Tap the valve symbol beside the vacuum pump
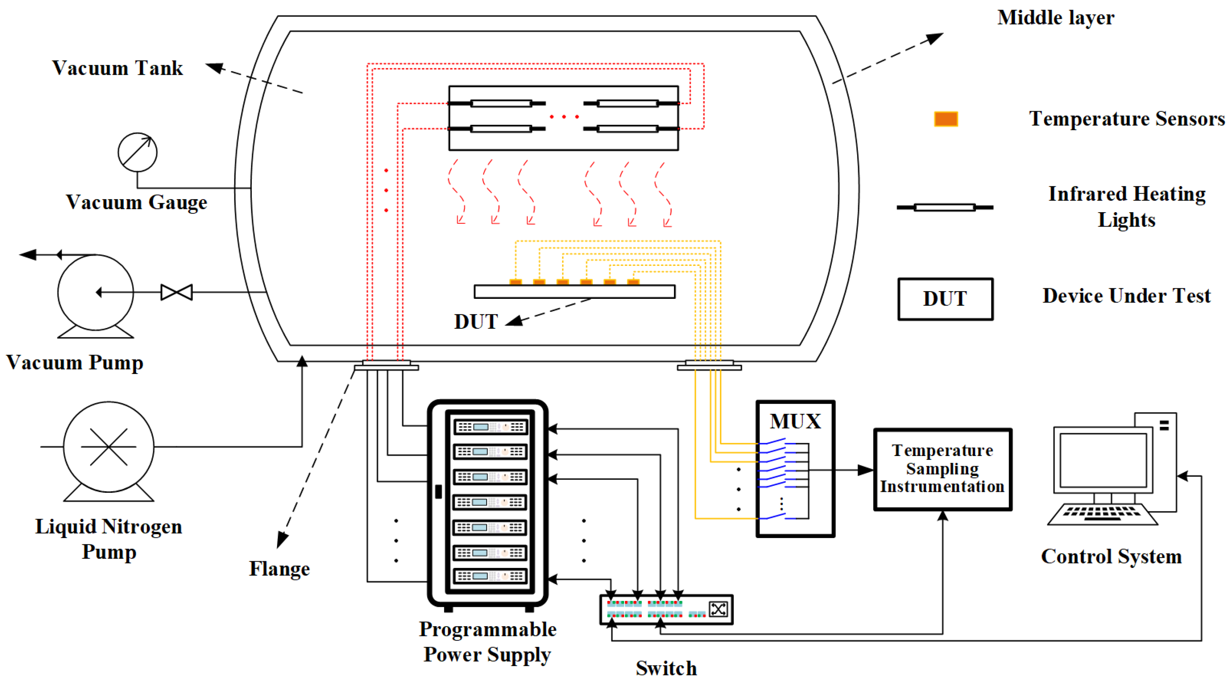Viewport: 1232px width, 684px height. coord(176,292)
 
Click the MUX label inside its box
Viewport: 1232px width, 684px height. coord(795,421)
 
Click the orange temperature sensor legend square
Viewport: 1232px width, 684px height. coord(945,119)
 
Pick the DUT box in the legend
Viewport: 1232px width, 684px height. coord(945,299)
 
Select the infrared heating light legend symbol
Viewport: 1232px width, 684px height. coord(944,207)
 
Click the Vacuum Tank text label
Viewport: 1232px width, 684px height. coord(117,68)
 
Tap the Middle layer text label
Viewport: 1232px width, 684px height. coord(1056,18)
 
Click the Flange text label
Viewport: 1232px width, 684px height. coord(279,569)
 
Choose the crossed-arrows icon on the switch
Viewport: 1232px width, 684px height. coord(718,609)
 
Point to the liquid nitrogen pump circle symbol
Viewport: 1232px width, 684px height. coord(109,447)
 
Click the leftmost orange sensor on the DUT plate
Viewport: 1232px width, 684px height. coord(515,282)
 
